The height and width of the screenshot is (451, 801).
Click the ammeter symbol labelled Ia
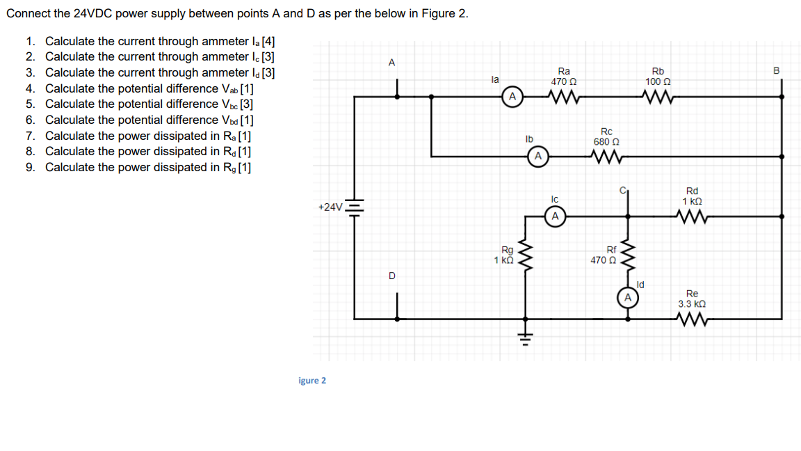click(512, 96)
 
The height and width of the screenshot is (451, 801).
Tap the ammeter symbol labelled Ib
click(537, 156)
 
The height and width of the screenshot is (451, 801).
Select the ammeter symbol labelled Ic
click(554, 216)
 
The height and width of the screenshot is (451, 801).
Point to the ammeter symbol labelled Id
click(627, 298)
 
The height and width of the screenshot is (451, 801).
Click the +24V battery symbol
click(355, 208)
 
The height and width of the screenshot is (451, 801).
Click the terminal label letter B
click(777, 70)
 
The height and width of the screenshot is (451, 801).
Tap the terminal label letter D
click(391, 276)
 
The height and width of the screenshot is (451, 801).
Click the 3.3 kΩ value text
click(692, 304)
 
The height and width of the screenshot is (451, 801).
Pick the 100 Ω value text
click(658, 81)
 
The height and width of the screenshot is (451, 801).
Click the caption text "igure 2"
click(311, 380)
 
